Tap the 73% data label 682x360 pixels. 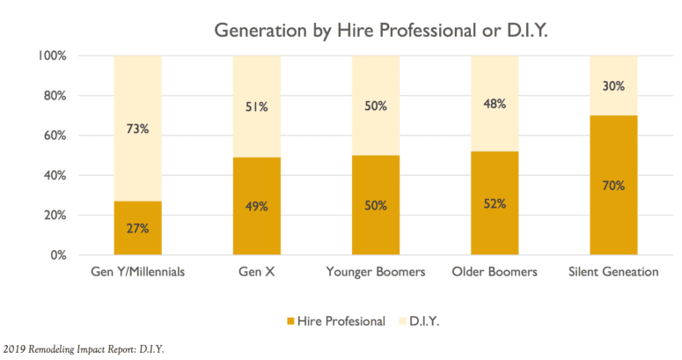point(137,129)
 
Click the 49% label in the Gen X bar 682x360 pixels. point(257,207)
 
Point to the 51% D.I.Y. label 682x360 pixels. point(257,107)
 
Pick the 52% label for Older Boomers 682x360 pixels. point(495,203)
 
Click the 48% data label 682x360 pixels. point(495,104)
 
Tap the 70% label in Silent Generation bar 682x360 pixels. point(614,186)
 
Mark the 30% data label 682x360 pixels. point(614,85)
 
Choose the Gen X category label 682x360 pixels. point(257,272)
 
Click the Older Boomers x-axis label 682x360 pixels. point(495,272)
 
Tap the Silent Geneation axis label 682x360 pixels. point(614,272)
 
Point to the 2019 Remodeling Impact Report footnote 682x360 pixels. point(84,349)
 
